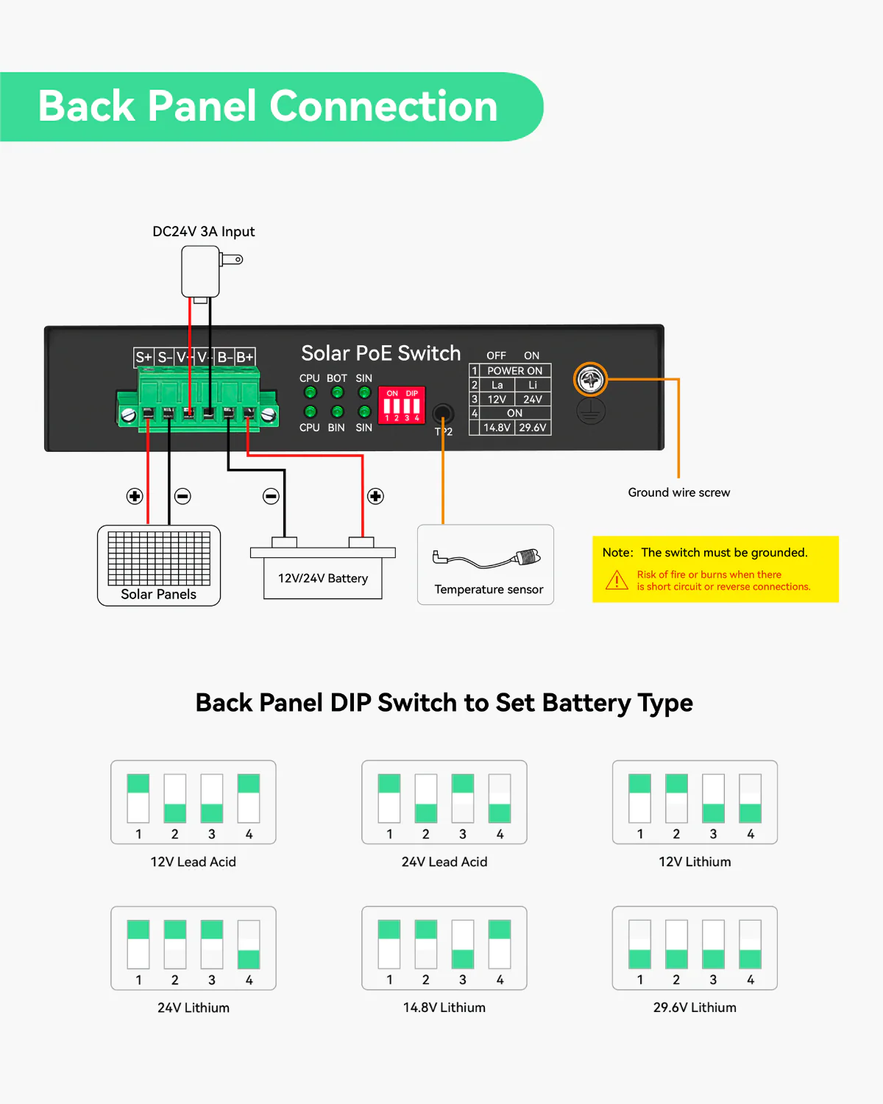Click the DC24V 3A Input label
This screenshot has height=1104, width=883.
(x=203, y=232)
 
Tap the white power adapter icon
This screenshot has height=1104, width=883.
(x=201, y=271)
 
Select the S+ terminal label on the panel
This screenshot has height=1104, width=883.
(x=143, y=358)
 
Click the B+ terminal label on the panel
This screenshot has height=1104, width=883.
(x=245, y=358)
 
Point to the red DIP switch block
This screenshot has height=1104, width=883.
(x=402, y=406)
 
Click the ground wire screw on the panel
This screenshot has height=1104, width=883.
(x=590, y=380)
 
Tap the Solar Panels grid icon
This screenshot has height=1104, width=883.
(x=159, y=559)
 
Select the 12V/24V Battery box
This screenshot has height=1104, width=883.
(x=323, y=578)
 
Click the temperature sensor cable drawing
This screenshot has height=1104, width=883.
(x=487, y=559)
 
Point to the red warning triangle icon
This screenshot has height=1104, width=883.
(x=617, y=581)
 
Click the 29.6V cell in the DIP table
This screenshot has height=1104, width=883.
(x=533, y=428)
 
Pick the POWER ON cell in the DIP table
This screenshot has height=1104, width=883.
(x=514, y=371)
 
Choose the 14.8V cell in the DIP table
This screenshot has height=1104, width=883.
(x=497, y=428)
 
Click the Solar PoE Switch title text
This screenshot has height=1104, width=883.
(x=380, y=353)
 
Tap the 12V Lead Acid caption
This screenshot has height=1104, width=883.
(x=193, y=862)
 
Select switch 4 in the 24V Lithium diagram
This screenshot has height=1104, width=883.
(x=249, y=944)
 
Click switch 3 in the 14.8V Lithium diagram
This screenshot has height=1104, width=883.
(x=463, y=944)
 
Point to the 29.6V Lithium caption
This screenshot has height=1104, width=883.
(x=695, y=1008)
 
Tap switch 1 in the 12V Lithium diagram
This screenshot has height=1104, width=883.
(x=640, y=799)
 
